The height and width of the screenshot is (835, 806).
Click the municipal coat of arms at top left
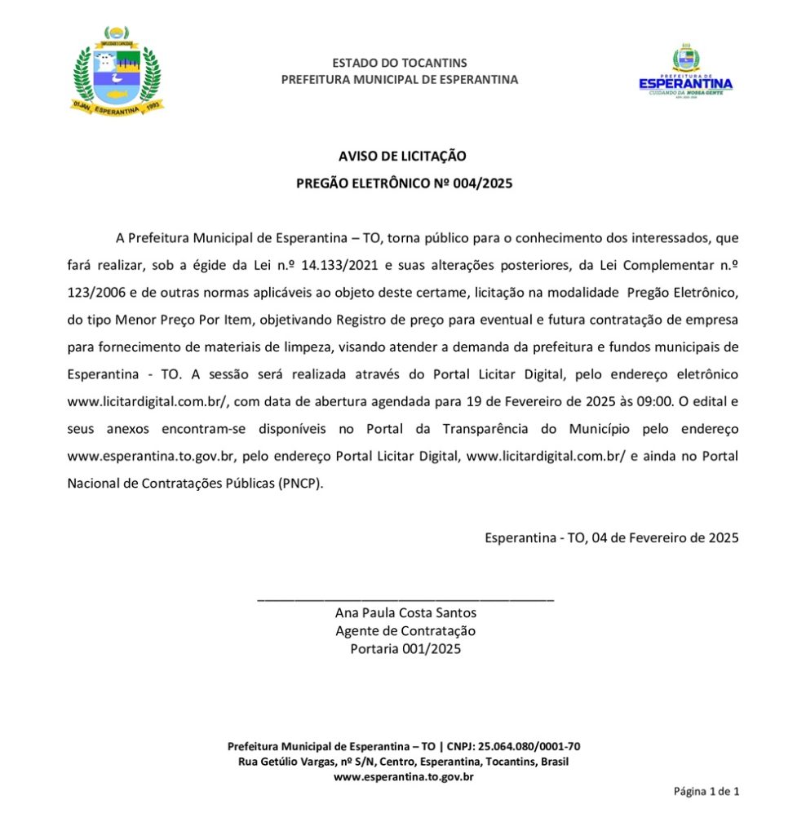(117, 71)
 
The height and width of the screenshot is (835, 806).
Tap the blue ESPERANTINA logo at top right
(685, 74)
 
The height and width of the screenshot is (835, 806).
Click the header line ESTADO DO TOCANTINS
(400, 63)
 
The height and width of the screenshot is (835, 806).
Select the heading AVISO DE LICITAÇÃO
(402, 156)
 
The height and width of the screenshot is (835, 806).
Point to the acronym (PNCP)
(301, 483)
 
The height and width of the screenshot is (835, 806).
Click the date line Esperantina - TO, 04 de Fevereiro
(611, 537)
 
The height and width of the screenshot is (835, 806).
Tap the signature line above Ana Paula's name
(405, 599)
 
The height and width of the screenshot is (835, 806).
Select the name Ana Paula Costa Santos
(405, 613)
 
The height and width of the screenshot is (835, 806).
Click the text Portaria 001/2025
(405, 649)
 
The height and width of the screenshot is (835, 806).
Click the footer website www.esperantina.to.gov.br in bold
(404, 777)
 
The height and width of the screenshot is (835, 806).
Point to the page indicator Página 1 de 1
(706, 791)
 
